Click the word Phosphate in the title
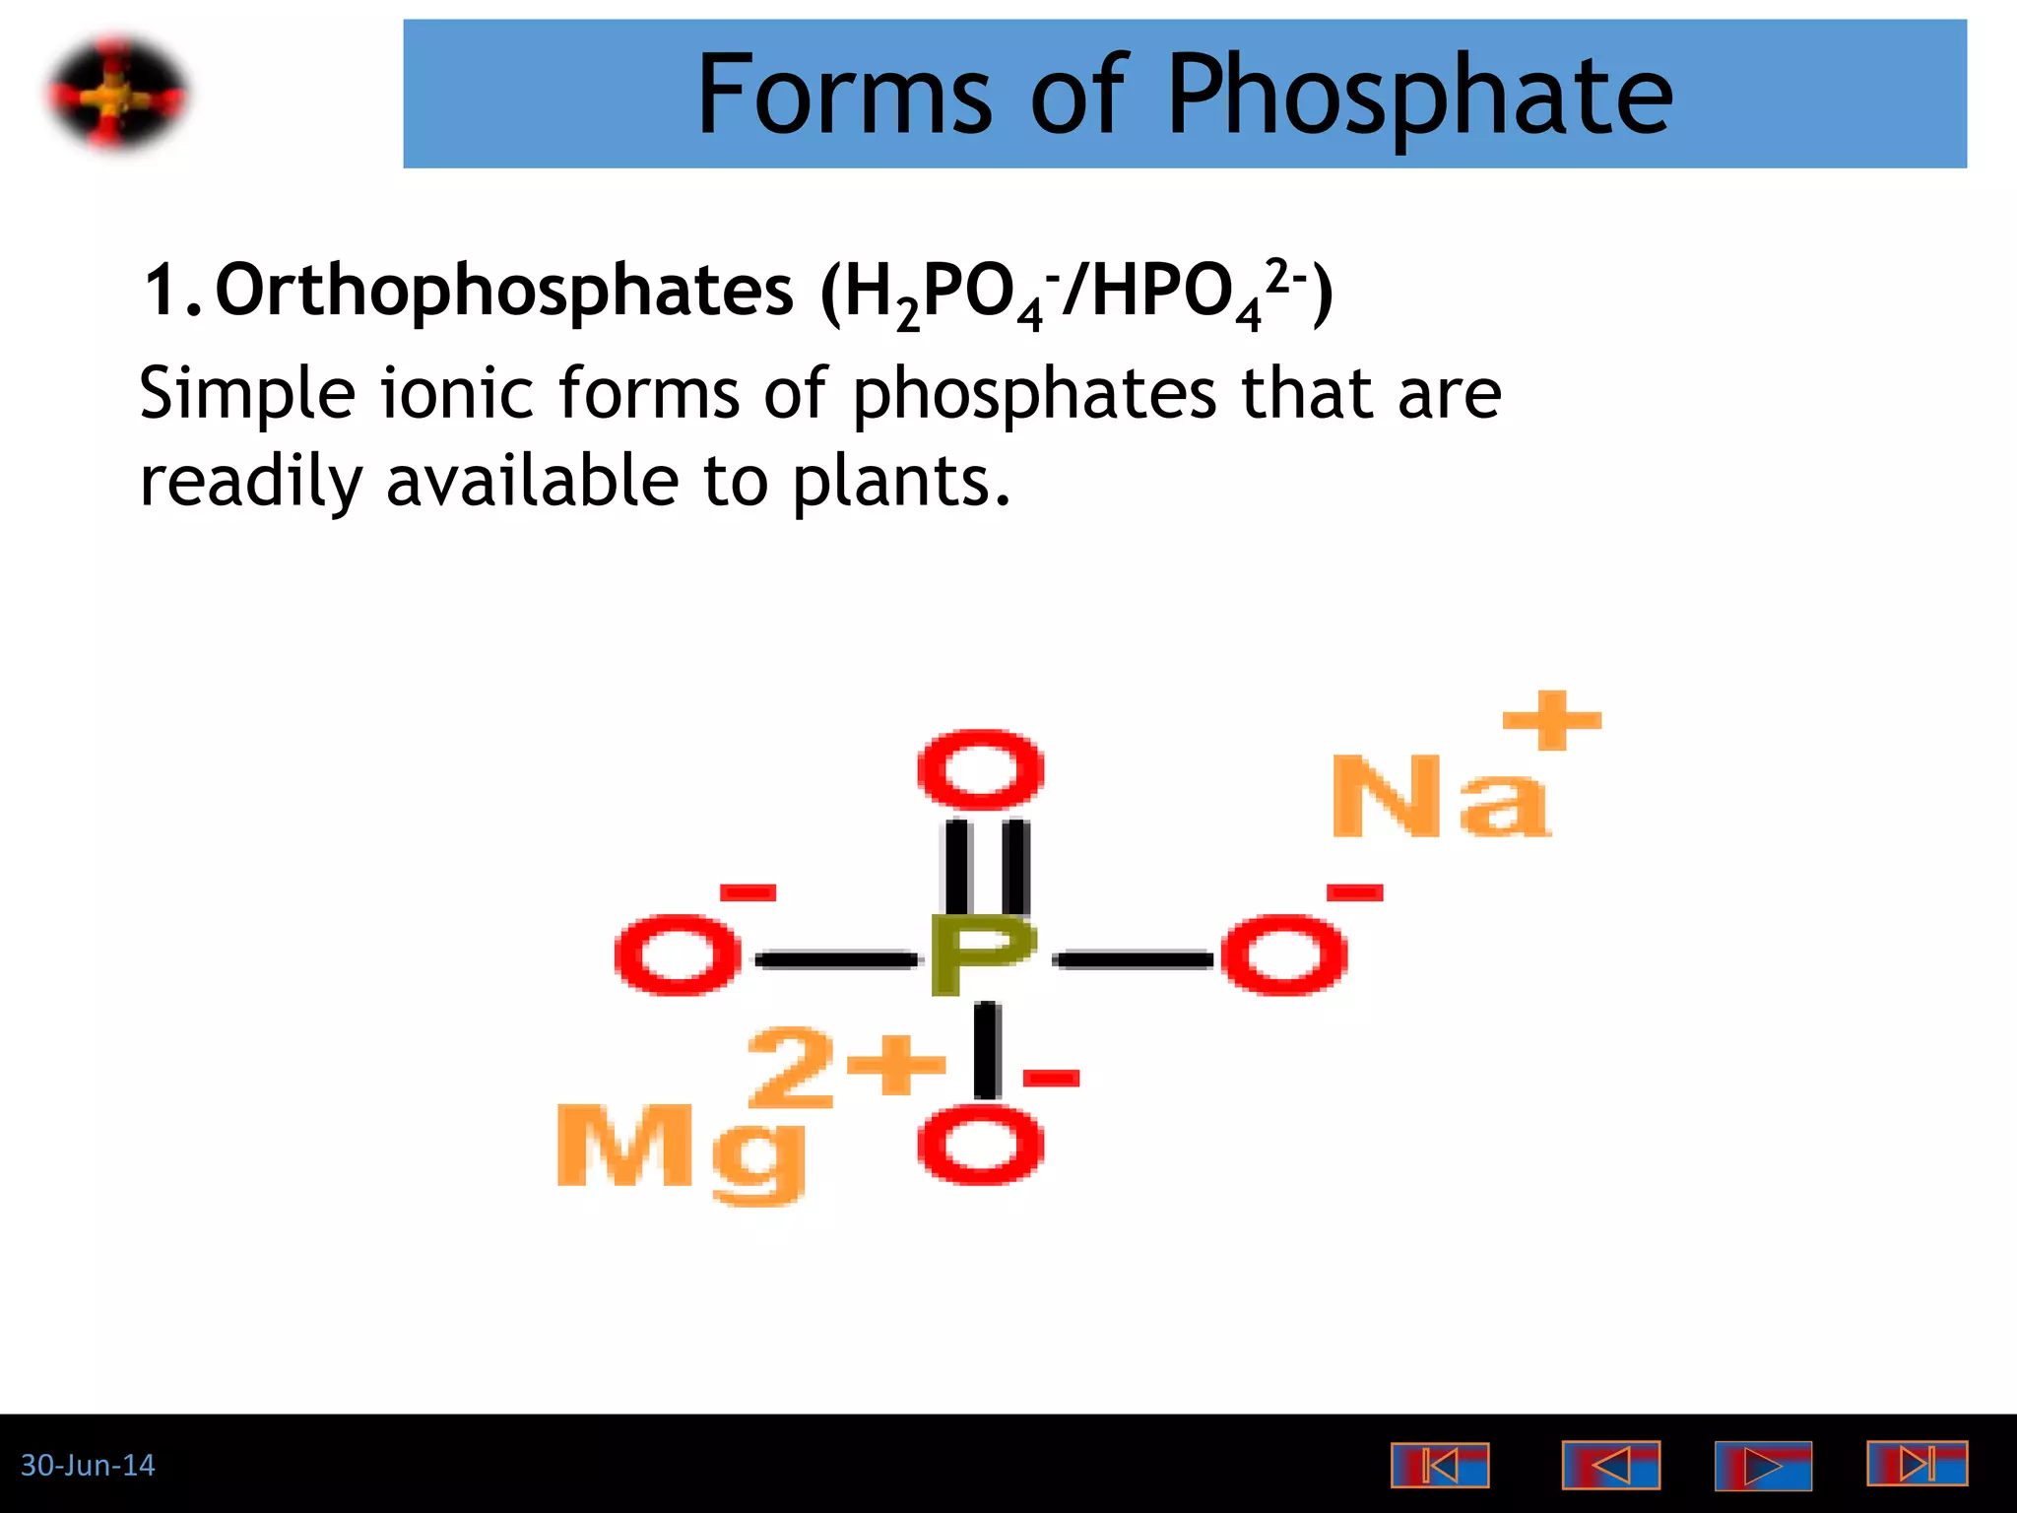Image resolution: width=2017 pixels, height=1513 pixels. [1420, 96]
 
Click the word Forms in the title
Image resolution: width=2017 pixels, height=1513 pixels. [844, 96]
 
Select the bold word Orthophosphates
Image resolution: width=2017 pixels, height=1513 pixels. [503, 291]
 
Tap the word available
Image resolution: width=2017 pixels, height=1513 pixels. [532, 483]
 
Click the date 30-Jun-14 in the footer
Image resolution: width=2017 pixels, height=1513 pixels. [88, 1466]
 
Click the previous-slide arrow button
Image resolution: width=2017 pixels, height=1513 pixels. [1610, 1466]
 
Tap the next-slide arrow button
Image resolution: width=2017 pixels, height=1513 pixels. [1763, 1466]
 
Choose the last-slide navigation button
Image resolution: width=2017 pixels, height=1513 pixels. [1917, 1464]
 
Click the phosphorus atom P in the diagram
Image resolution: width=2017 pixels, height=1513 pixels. [982, 954]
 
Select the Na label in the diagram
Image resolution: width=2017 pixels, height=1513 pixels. [1439, 797]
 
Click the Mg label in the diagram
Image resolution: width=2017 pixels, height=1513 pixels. [681, 1149]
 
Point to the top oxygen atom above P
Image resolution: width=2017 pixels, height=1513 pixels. [980, 771]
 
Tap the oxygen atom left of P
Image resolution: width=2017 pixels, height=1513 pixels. [677, 954]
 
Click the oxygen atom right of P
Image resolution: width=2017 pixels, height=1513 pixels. [1283, 954]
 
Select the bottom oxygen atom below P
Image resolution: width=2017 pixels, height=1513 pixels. [980, 1146]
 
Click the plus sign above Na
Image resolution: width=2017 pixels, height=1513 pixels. [1551, 720]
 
